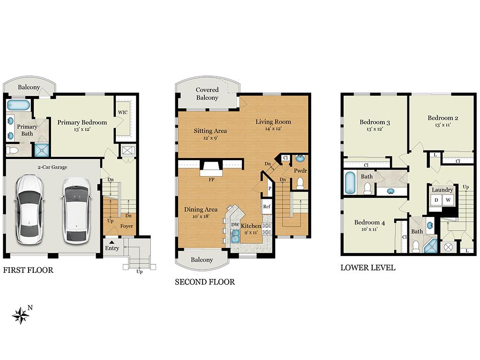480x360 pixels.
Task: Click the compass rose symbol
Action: (x=21, y=315)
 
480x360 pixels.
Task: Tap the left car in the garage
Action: (x=30, y=210)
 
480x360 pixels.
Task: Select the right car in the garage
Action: (x=76, y=210)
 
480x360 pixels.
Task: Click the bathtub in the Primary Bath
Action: (x=18, y=105)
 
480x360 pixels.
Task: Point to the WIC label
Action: (x=123, y=112)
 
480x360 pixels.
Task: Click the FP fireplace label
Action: (x=211, y=180)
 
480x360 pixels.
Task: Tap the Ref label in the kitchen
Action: (x=267, y=207)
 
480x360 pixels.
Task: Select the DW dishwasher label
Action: (x=235, y=225)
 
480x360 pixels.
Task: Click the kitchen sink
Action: (x=235, y=236)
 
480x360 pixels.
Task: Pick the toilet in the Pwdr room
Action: (x=300, y=183)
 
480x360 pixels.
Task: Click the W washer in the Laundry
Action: (x=448, y=200)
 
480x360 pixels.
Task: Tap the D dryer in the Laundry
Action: (x=436, y=200)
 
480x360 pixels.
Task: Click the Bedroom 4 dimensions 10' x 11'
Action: (x=369, y=229)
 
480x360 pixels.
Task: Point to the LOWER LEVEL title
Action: (x=368, y=268)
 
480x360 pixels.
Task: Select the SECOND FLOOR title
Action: (x=205, y=282)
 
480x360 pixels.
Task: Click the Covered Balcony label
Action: (x=207, y=94)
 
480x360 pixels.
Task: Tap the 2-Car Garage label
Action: (x=52, y=167)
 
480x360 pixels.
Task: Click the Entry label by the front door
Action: (x=112, y=248)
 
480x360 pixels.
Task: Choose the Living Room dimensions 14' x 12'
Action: (x=273, y=129)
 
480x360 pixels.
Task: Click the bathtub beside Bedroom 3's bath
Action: (x=350, y=182)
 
